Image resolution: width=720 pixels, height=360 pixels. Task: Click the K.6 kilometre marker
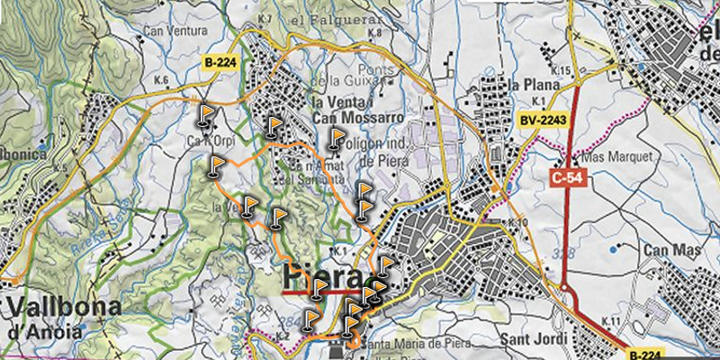point(162,81)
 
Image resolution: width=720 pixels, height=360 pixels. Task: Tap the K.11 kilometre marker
point(611,321)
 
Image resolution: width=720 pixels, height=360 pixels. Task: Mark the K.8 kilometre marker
point(375,33)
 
